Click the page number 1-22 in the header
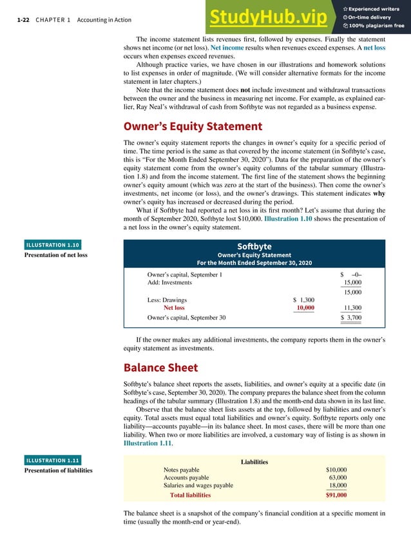25,20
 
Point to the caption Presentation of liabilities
58,470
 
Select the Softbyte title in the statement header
254,246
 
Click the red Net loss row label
174,308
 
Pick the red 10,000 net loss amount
305,308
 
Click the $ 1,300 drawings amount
303,300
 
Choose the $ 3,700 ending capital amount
350,318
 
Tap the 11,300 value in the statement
352,308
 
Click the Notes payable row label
182,470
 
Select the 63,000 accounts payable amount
338,477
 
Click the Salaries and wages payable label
198,485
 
